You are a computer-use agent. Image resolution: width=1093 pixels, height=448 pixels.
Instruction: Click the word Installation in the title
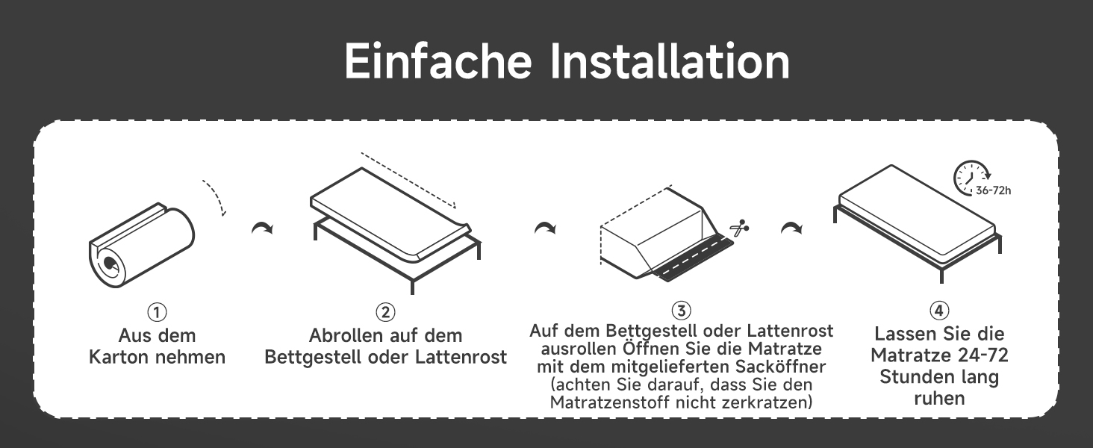(x=669, y=62)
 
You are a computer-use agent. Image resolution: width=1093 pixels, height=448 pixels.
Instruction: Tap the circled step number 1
(x=157, y=311)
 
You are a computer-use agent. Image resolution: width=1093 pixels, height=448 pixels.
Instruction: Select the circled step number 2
(x=385, y=311)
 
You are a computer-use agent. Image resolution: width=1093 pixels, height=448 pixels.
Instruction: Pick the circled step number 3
(x=681, y=311)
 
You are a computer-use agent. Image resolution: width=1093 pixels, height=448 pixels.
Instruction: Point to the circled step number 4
(x=939, y=311)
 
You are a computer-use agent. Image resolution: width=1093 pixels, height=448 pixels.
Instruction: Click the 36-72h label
(x=994, y=191)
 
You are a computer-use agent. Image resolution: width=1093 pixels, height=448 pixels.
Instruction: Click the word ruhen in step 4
(x=938, y=399)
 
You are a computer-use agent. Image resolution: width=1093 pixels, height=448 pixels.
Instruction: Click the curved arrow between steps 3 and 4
(x=791, y=228)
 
